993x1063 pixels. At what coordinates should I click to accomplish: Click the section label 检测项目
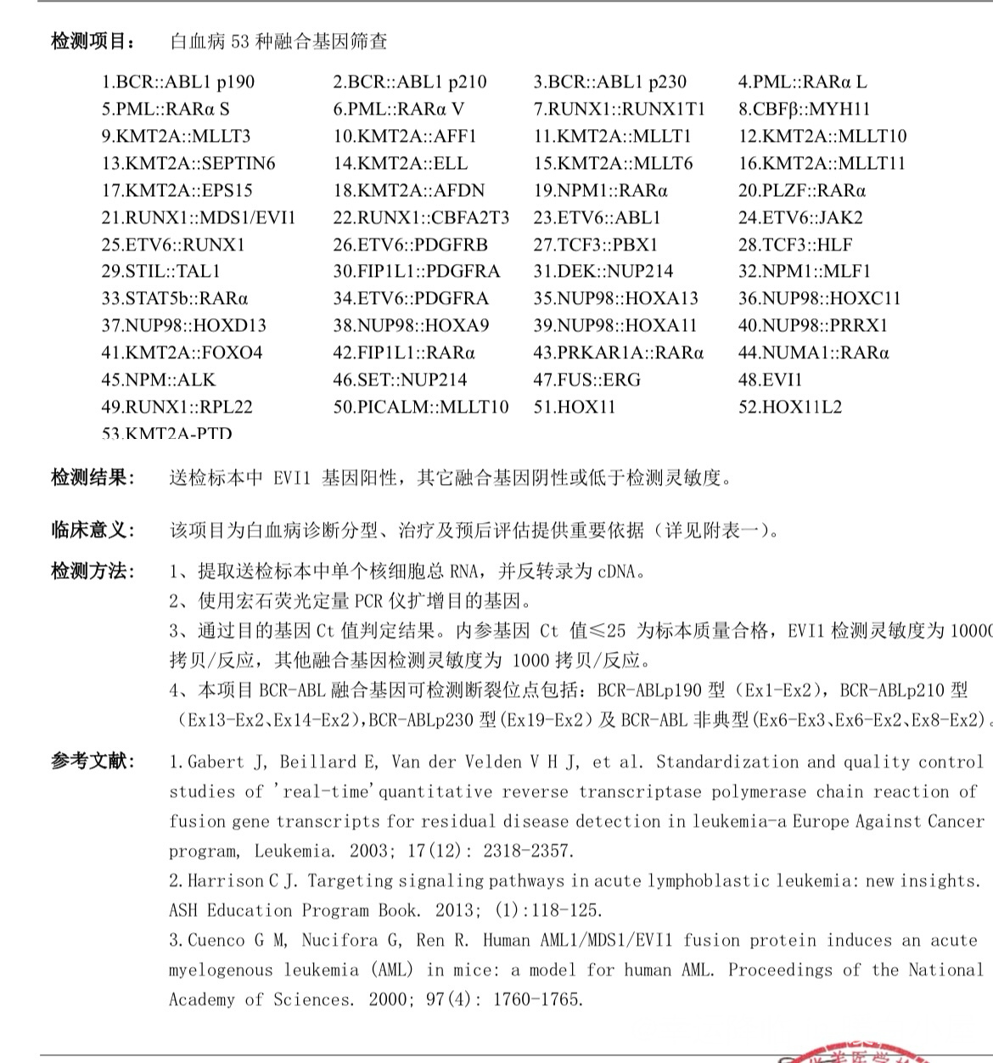(92, 41)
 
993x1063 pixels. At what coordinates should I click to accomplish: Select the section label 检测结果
(92, 477)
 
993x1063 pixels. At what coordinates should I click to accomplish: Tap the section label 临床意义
(92, 531)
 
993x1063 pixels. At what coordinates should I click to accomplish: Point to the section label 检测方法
(92, 571)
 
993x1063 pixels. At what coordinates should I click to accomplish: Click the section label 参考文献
(92, 761)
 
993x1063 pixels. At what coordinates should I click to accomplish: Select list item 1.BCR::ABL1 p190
(177, 82)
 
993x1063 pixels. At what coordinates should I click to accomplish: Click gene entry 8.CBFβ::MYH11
(803, 110)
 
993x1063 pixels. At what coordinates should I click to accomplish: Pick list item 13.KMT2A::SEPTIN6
(188, 164)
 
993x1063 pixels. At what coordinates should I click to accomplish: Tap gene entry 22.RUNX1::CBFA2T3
(421, 218)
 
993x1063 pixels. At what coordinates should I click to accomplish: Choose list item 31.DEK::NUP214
(603, 272)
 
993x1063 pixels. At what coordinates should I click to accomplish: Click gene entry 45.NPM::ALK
(158, 380)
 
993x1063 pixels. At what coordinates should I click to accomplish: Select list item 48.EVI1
(769, 380)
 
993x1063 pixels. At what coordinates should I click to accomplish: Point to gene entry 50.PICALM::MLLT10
(420, 408)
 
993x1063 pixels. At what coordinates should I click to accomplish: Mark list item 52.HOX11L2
(789, 408)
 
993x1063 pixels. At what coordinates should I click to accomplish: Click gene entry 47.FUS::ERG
(586, 380)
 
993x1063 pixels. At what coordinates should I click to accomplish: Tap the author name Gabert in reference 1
(216, 762)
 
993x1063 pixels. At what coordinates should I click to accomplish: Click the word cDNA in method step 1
(616, 571)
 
